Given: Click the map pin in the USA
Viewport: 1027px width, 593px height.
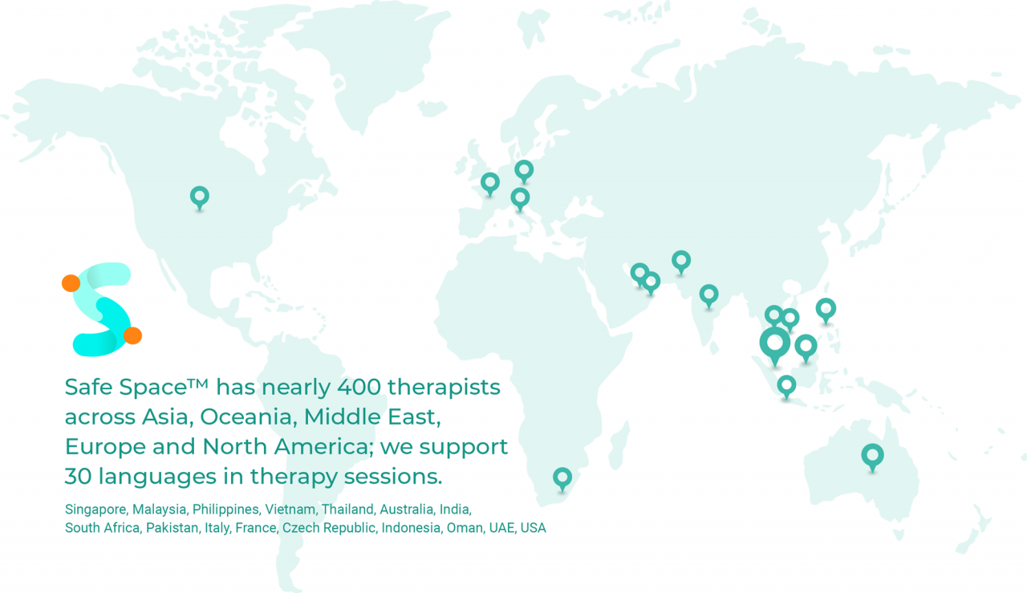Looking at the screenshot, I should point(200,196).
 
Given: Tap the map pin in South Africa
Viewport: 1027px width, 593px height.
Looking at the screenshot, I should point(562,478).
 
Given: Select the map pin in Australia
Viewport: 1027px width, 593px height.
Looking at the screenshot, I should point(872,456).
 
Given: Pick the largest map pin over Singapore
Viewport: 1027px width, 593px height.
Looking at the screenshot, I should point(775,343).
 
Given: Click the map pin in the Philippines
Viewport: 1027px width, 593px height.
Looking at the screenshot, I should point(826,309).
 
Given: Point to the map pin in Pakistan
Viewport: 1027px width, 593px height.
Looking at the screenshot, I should point(681,261).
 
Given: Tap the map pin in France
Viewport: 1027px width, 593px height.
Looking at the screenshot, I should point(490,183).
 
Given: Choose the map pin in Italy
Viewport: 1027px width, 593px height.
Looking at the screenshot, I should point(520,197).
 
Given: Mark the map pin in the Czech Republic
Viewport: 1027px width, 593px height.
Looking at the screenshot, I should point(524,170).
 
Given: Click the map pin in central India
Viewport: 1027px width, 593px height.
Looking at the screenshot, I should point(708,295).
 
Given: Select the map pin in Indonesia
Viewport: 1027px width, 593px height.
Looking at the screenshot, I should point(786,386).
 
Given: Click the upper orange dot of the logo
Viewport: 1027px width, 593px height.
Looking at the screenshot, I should point(71,282).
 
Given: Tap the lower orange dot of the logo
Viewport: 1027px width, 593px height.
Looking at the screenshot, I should point(133,335).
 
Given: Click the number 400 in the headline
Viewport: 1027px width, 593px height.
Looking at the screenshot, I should point(359,387).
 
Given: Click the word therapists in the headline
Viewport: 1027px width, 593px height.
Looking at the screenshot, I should point(444,387).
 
